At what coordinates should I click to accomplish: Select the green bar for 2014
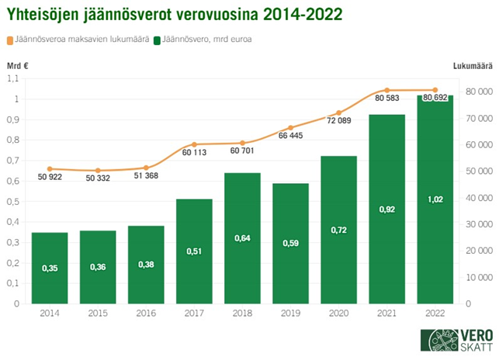[50, 268]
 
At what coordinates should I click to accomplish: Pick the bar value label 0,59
[290, 244]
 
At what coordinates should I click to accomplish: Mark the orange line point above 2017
[194, 145]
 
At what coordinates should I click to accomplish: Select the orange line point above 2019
[290, 128]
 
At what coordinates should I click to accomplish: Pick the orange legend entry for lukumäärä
[81, 39]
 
